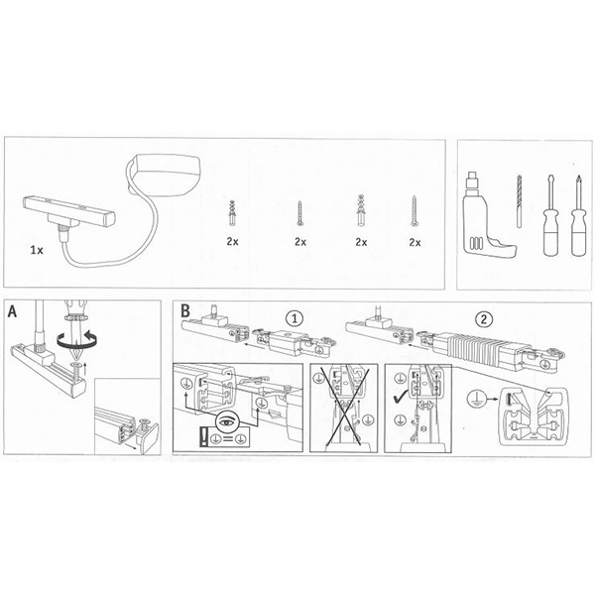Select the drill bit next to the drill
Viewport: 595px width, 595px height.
(519, 201)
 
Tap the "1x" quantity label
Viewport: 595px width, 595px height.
(37, 250)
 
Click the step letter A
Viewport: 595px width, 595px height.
(13, 311)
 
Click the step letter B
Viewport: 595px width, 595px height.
(184, 310)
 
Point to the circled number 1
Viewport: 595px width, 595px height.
(295, 318)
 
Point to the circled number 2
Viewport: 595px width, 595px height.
(484, 319)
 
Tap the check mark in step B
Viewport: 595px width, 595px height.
(401, 398)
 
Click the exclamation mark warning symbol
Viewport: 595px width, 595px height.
(203, 436)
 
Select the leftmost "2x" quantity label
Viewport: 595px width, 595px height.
(232, 241)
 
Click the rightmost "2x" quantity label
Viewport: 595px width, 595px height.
(415, 242)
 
